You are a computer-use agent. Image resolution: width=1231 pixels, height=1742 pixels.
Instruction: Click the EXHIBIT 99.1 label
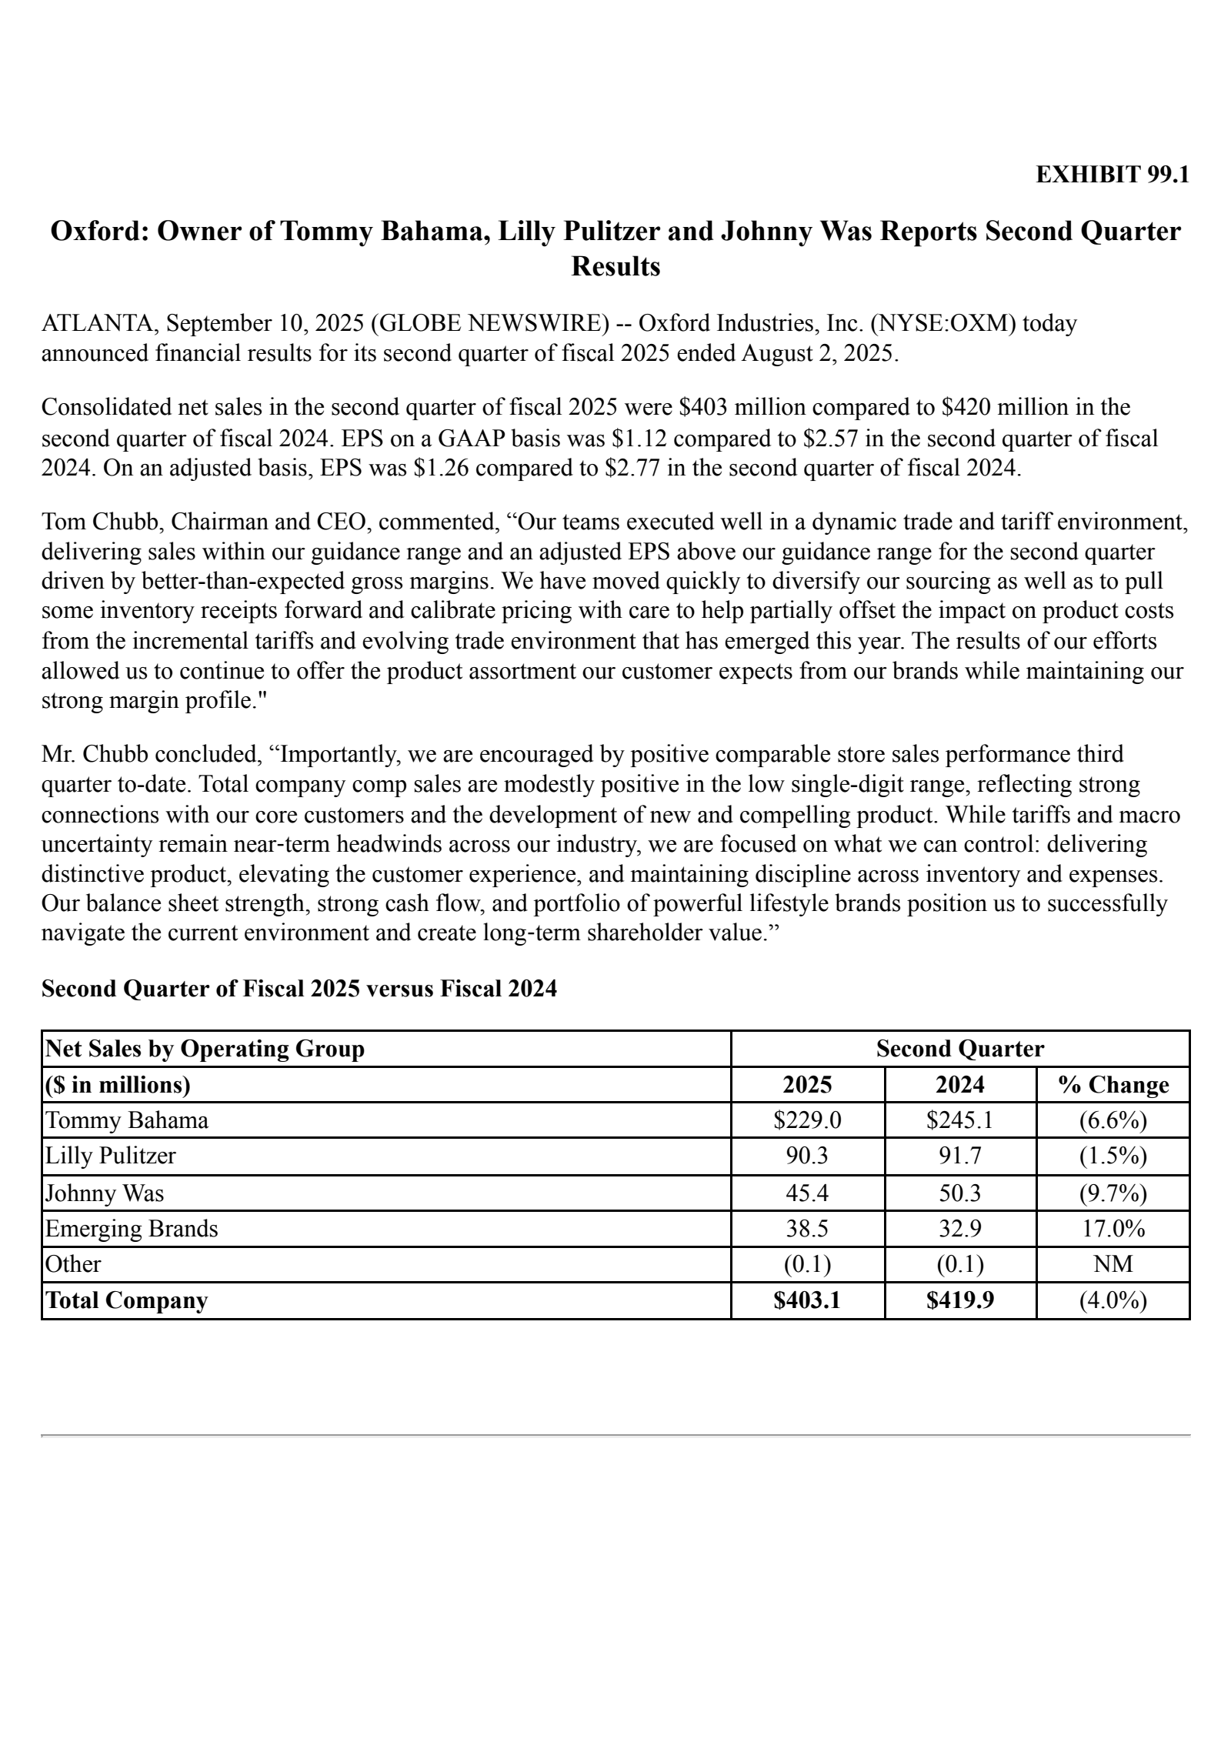1112,175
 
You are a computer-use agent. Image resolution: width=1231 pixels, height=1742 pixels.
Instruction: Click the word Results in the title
615,266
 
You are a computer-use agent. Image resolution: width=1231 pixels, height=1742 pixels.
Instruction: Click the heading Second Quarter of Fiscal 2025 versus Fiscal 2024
299,989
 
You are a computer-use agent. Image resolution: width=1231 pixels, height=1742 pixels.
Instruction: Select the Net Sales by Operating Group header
205,1049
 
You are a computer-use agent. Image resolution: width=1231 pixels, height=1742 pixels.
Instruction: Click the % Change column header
1113,1085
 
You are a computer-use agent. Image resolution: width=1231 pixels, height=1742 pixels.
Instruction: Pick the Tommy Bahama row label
127,1120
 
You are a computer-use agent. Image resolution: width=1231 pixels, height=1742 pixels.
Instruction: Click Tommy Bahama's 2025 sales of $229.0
807,1120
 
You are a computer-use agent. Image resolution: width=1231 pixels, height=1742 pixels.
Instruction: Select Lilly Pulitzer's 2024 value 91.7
959,1156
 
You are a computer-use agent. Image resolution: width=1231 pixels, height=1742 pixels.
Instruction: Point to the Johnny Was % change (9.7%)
1113,1193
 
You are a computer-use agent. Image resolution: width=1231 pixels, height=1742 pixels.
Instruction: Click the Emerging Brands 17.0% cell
1113,1229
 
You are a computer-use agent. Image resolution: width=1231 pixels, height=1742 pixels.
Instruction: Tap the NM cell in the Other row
1113,1264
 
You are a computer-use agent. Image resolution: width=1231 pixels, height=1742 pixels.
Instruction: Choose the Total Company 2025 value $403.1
807,1300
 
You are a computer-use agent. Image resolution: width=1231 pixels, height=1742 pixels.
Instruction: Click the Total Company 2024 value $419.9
959,1300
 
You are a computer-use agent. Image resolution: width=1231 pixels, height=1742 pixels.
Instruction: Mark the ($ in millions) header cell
118,1085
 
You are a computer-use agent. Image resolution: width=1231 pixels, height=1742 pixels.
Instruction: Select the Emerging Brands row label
132,1229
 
